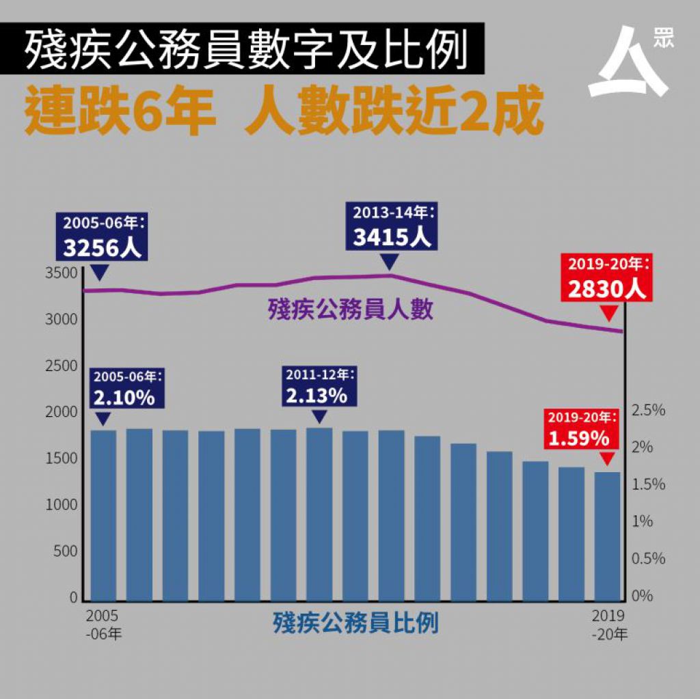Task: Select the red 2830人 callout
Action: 605,278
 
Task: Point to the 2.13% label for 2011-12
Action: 317,386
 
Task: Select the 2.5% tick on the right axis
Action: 648,411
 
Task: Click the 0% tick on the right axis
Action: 643,596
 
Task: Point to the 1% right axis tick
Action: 643,521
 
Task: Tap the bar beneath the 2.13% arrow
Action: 319,513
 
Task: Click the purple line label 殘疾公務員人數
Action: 350,310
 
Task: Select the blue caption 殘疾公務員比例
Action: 355,623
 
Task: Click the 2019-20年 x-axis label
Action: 608,625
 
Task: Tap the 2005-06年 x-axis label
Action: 103,624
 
